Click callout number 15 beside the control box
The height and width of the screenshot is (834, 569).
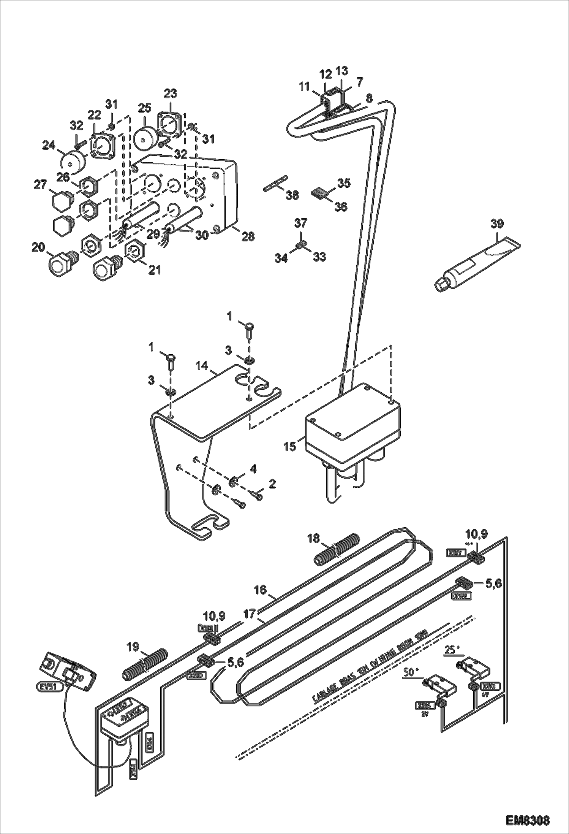[x=290, y=446]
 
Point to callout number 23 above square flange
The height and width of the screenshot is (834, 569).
[x=170, y=94]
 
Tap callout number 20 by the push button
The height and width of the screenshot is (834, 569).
[x=38, y=248]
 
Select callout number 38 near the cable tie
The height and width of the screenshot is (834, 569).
[x=293, y=195]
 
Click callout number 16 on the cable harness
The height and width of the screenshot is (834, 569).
[x=260, y=590]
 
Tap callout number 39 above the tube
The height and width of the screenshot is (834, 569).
[x=497, y=224]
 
